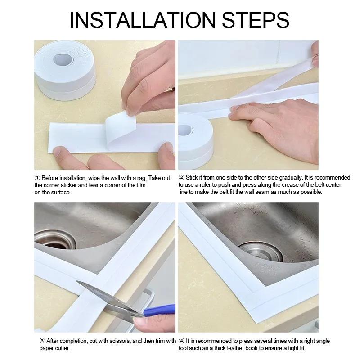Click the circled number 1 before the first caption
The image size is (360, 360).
tap(37, 178)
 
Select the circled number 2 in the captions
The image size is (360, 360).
tap(181, 178)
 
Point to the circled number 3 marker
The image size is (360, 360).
tap(37, 341)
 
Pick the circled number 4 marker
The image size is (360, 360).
tap(181, 341)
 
